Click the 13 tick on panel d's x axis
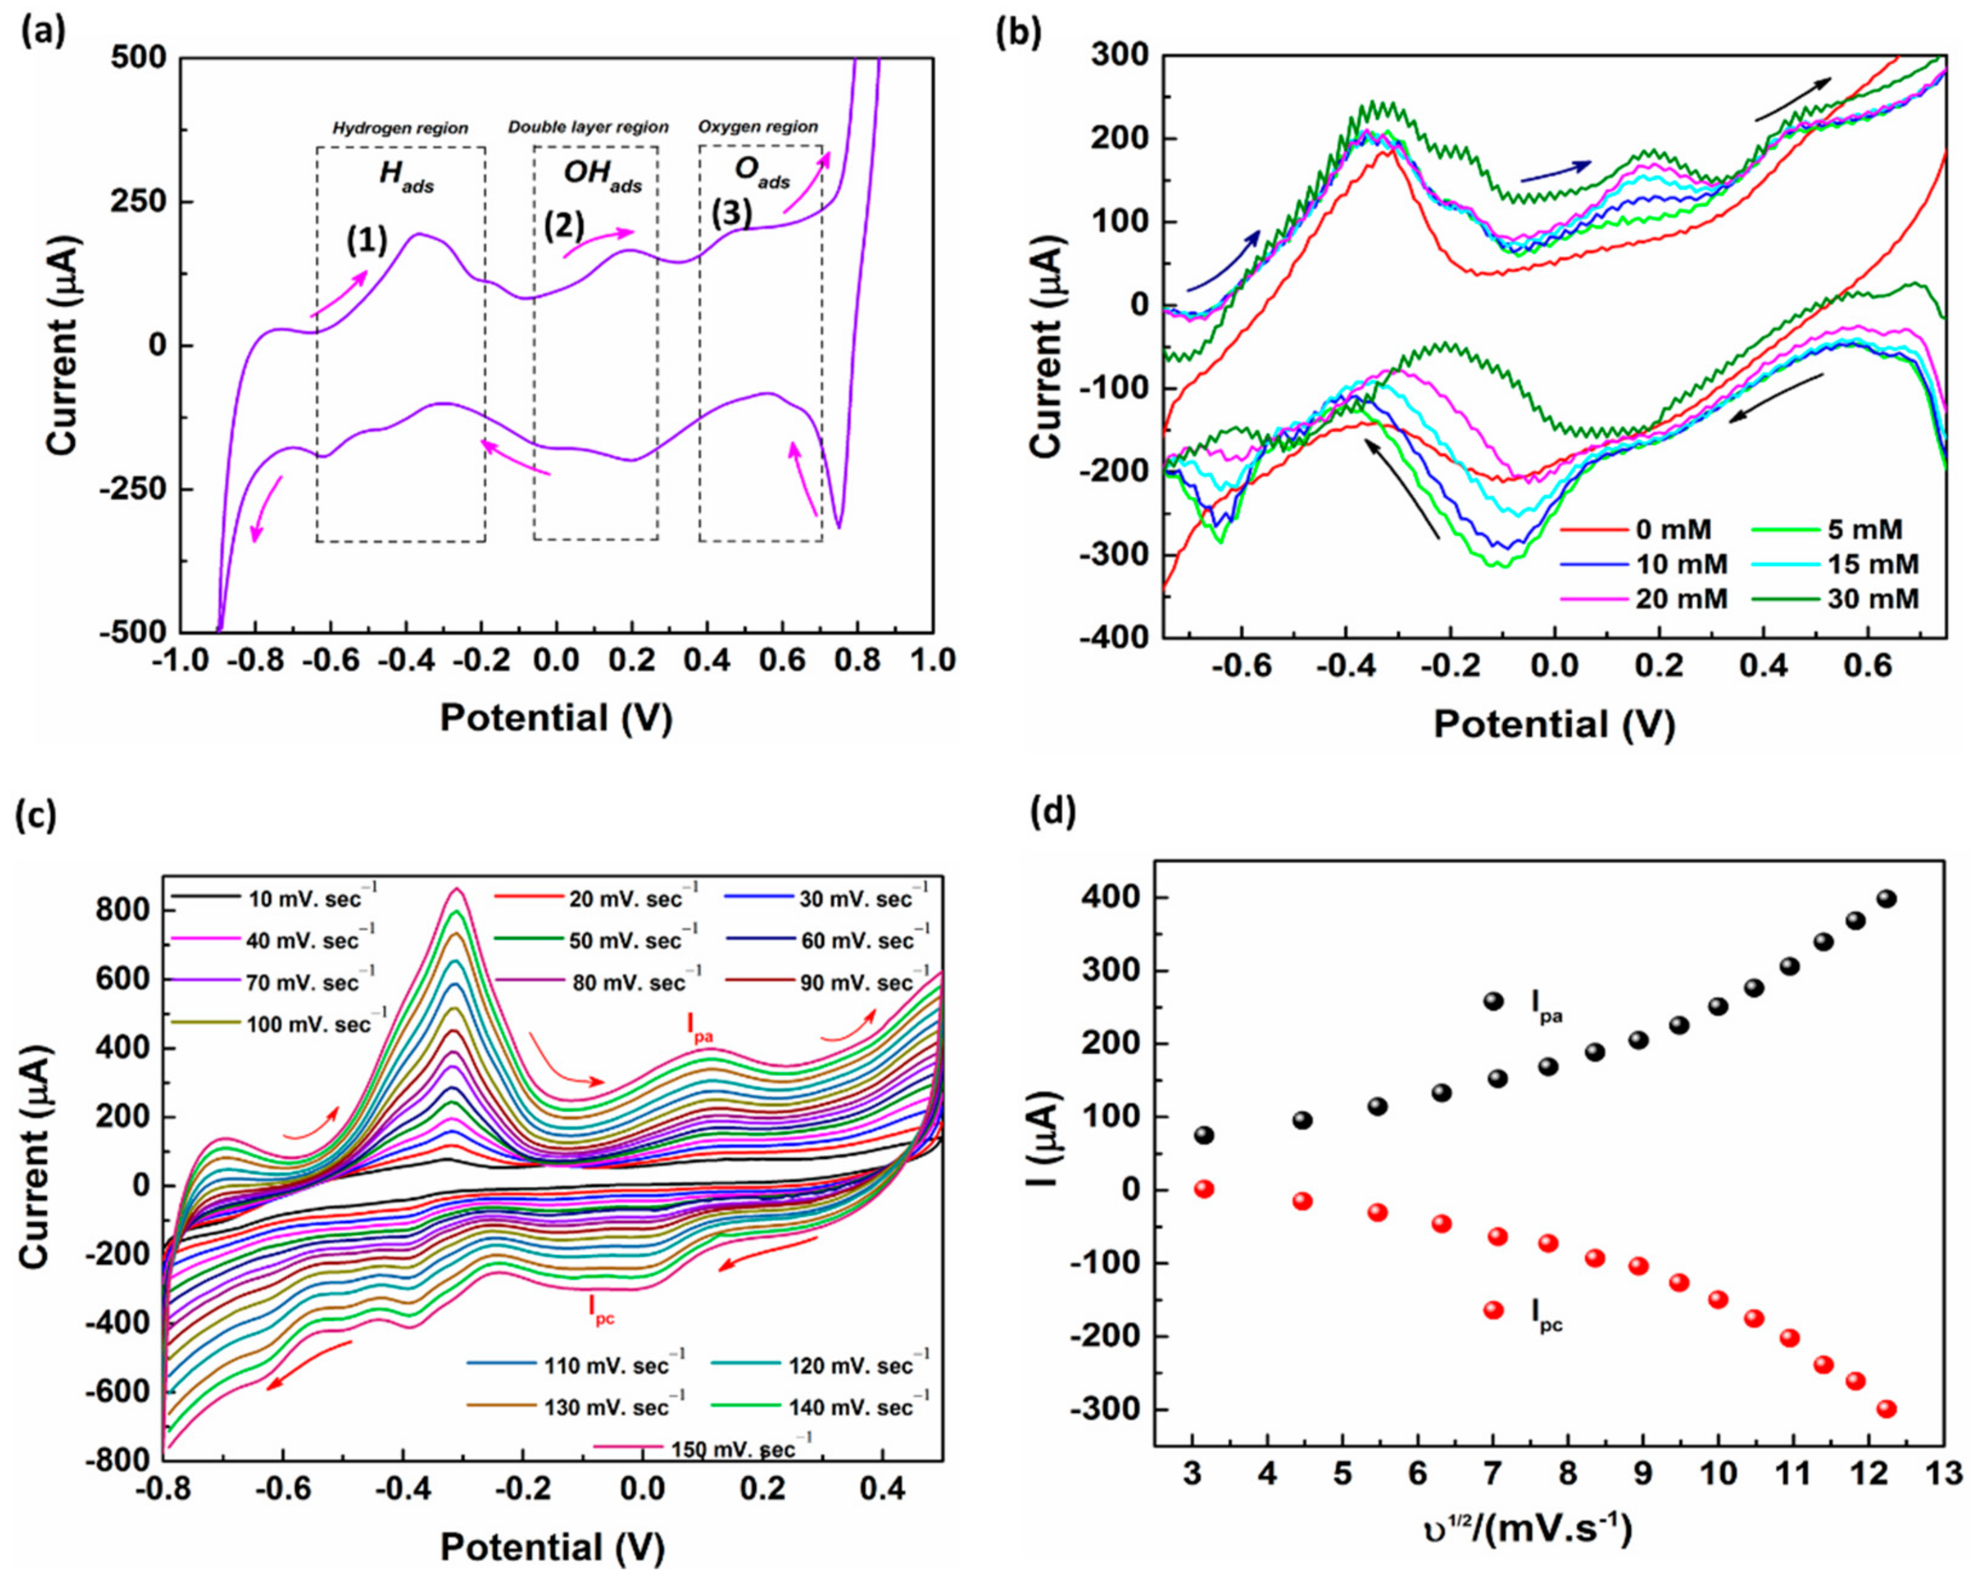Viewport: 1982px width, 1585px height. click(x=1943, y=1475)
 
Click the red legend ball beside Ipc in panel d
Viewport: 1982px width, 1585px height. click(x=1494, y=1310)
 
